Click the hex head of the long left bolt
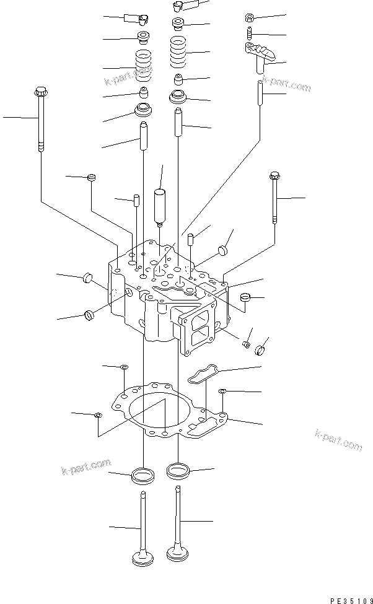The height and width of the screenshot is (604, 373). (40, 91)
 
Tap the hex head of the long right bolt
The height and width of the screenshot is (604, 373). (273, 177)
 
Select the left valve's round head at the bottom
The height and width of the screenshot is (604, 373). (144, 559)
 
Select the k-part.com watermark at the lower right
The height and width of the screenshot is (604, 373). (338, 439)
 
